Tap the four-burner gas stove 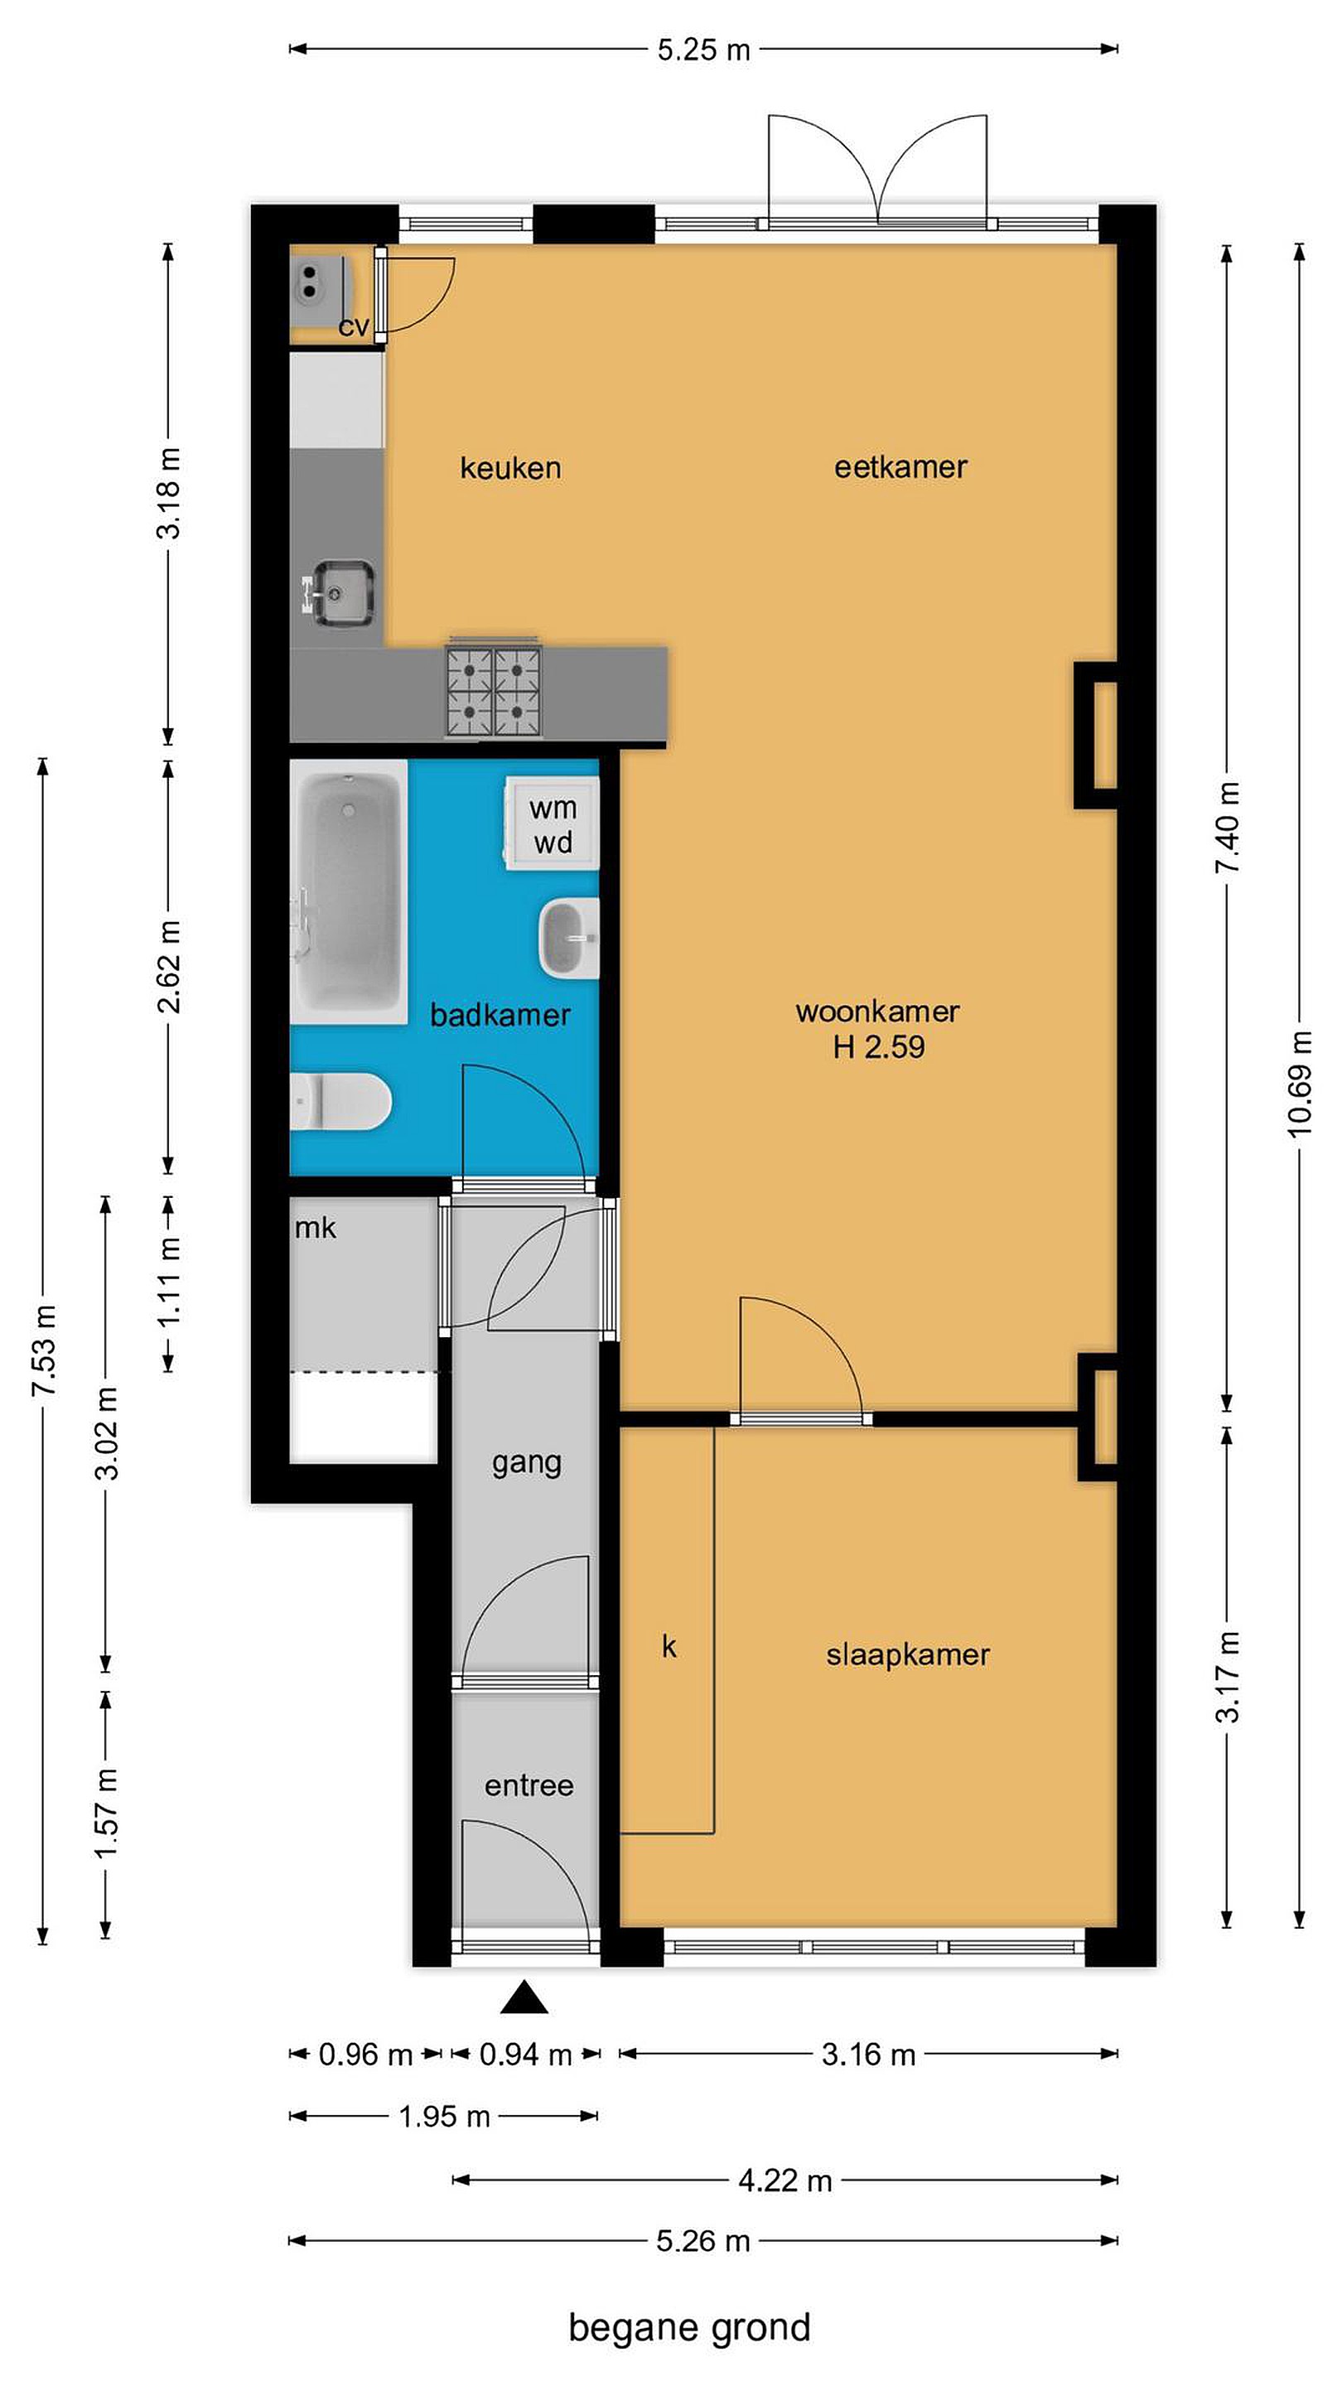494,691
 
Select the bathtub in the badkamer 348,892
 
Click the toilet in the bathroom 340,1101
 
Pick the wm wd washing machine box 551,824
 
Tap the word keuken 510,468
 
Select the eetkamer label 900,466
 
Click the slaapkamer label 908,1654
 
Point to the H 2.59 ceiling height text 878,1046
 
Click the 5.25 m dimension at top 704,50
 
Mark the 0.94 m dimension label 525,2055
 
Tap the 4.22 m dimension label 785,2181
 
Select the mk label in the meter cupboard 315,1228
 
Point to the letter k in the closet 669,1646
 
